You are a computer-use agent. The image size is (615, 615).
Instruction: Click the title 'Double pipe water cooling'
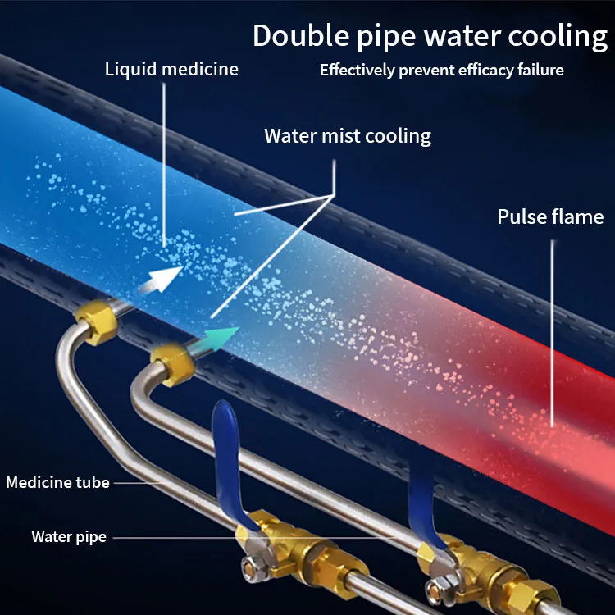tap(430, 37)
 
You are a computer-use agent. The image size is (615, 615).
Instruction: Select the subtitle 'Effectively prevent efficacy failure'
tap(441, 70)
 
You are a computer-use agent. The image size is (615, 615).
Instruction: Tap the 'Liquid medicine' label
tap(171, 69)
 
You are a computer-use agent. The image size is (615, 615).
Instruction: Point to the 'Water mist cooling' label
tap(348, 135)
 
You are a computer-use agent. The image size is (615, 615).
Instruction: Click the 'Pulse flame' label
tap(550, 217)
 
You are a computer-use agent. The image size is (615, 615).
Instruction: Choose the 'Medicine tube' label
tap(57, 482)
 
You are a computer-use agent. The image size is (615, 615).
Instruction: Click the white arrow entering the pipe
tap(161, 278)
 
